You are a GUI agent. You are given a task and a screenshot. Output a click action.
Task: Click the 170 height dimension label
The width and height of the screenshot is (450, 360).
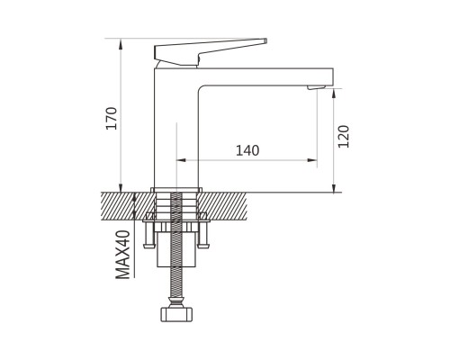(112, 118)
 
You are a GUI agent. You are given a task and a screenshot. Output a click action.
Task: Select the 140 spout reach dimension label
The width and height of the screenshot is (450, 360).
(247, 150)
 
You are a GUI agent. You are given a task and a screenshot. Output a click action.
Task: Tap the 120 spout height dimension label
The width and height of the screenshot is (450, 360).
(344, 137)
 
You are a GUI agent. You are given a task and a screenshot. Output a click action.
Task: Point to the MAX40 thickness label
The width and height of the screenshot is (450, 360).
(123, 255)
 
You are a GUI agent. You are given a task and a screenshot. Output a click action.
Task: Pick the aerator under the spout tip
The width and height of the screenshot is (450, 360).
(316, 87)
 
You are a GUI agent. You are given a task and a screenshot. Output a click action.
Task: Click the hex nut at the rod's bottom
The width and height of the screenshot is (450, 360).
(176, 314)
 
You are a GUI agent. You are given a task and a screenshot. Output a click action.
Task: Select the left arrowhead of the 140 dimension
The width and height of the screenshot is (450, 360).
(181, 160)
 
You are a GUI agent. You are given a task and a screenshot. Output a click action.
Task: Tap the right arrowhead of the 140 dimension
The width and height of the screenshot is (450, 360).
(312, 160)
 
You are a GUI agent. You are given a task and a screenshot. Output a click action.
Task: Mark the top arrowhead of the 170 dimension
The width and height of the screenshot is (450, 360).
(121, 43)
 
